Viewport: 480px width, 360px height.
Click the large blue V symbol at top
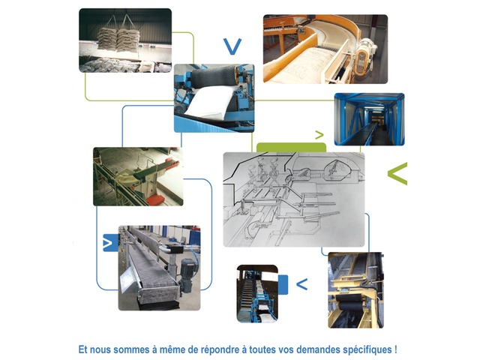click(x=232, y=46)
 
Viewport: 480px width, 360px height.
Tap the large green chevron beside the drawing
click(x=397, y=173)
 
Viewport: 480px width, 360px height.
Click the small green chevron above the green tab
click(x=319, y=135)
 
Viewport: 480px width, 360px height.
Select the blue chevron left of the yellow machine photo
click(x=301, y=284)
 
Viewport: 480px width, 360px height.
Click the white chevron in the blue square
click(x=107, y=243)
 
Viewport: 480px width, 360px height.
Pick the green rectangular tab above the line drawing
click(x=291, y=148)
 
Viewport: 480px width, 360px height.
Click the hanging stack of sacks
click(x=118, y=38)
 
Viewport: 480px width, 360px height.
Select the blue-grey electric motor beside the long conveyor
click(x=187, y=274)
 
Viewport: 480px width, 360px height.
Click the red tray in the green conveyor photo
click(x=155, y=200)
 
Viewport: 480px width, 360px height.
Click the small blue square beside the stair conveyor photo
click(x=283, y=285)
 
